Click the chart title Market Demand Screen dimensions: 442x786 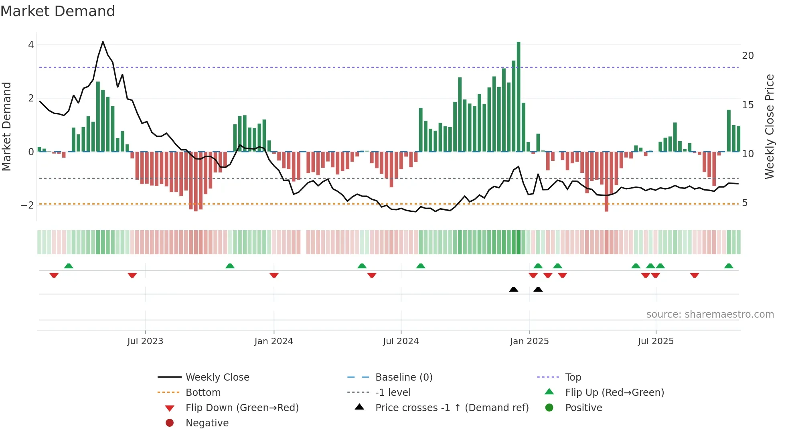tap(58, 11)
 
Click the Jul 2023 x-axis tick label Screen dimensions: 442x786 tap(145, 341)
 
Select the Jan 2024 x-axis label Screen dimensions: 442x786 tap(273, 341)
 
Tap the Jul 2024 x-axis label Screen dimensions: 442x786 tap(401, 341)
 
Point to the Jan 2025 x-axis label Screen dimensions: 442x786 tap(529, 341)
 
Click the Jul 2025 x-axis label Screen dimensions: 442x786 tap(656, 341)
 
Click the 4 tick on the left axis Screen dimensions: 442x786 tap(31, 45)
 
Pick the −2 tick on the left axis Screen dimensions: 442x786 tap(27, 205)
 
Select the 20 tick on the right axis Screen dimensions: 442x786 tap(748, 56)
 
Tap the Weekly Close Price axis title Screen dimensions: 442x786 tap(769, 126)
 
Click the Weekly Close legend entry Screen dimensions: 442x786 tap(217, 377)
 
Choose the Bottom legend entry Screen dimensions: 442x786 tap(203, 393)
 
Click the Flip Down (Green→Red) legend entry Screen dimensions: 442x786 tap(242, 408)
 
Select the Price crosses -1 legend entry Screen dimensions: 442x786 tap(452, 408)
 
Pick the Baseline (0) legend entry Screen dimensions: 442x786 tap(403, 377)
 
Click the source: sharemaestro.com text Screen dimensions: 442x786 tap(710, 314)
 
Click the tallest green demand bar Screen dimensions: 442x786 tap(519, 96)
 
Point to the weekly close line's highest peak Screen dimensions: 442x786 tap(103, 42)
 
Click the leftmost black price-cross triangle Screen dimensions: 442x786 tap(513, 289)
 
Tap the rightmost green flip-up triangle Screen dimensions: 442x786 tap(729, 266)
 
